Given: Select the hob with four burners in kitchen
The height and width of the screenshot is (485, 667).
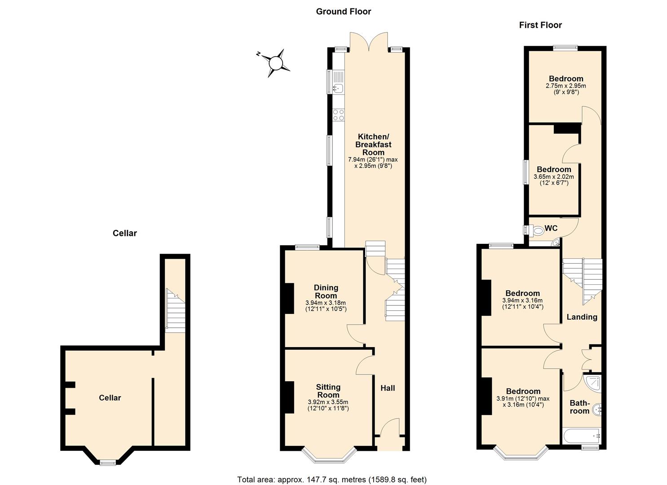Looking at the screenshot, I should [x=338, y=115].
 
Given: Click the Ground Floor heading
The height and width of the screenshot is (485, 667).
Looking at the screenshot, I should [x=343, y=12].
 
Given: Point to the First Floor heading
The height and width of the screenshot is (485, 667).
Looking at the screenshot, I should [x=540, y=25].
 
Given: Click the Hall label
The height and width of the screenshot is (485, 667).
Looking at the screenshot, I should [x=388, y=388].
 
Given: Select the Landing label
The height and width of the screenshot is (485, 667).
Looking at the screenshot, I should [x=582, y=317].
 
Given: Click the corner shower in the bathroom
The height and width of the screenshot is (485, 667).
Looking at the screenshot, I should [x=594, y=382].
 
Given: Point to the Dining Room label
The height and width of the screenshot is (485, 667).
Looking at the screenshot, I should [x=326, y=291].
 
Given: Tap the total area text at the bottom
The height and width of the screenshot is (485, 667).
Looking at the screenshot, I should [x=331, y=479].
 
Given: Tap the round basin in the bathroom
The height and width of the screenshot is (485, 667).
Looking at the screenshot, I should [x=596, y=409].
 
